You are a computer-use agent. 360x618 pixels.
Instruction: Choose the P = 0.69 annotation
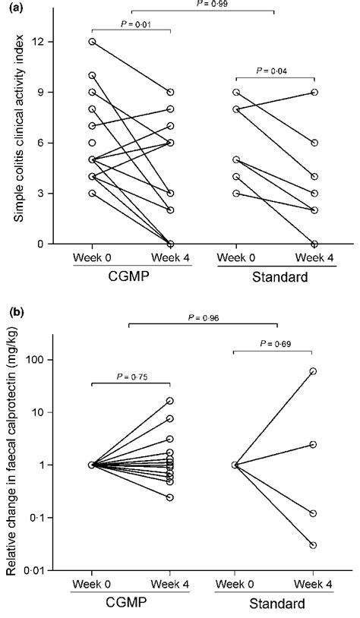(x=274, y=344)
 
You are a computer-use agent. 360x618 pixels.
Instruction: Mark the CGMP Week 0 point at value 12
(x=92, y=42)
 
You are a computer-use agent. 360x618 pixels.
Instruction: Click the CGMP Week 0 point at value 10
(x=92, y=75)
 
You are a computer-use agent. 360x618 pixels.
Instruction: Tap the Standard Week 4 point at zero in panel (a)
(x=313, y=244)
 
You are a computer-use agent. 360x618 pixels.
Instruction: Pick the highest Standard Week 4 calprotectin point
(x=313, y=371)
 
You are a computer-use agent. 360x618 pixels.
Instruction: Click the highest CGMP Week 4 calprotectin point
(x=170, y=401)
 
